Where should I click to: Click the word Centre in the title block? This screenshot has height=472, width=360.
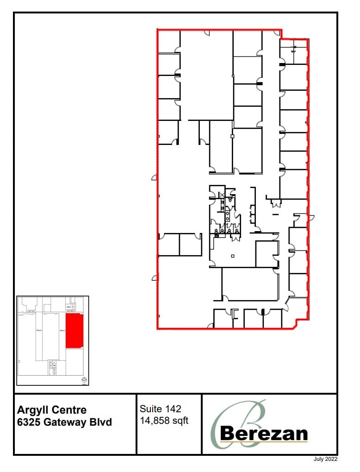68,410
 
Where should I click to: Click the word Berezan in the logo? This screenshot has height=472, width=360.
264,434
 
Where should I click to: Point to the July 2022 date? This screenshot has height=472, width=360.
325,459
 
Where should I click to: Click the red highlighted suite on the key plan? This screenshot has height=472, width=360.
74,330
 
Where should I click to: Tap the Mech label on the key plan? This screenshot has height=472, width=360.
68,307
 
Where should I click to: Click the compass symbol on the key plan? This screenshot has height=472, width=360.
84,381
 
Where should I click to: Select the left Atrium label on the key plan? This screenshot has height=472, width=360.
39,331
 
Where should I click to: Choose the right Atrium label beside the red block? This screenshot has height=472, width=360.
62,331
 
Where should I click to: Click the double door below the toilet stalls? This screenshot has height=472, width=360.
236,237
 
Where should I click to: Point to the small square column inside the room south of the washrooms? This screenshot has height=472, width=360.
233,256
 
